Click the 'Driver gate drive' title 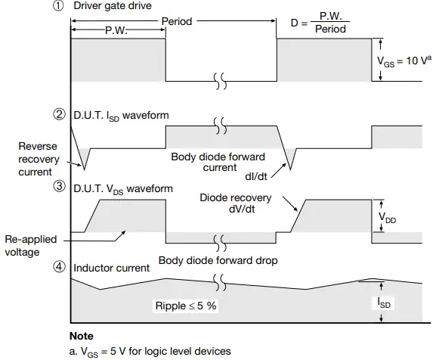click(112, 8)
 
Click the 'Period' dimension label click(178, 22)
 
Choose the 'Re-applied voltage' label click(30, 247)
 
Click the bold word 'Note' click(81, 335)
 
